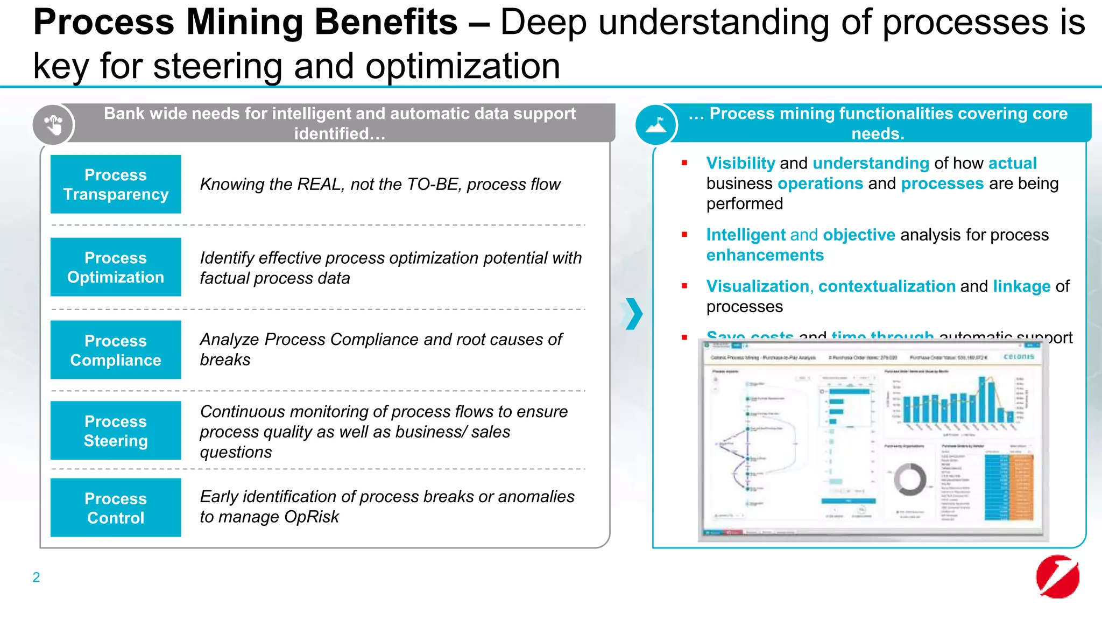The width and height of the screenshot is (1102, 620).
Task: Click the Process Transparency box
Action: click(x=116, y=184)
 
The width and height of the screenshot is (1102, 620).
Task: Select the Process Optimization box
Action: click(x=116, y=267)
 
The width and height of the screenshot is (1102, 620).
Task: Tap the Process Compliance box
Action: click(x=116, y=350)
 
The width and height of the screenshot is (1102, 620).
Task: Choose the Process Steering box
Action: click(x=116, y=431)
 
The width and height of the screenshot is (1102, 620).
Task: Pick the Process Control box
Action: click(x=116, y=508)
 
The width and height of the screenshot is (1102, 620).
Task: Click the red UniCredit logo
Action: click(x=1057, y=576)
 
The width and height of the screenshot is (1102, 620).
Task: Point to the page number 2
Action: click(x=36, y=577)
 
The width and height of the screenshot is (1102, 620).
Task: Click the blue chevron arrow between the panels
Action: click(x=633, y=313)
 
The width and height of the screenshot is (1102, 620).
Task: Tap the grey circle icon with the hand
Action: click(x=53, y=125)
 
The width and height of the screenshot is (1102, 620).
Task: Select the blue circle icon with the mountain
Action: click(x=656, y=125)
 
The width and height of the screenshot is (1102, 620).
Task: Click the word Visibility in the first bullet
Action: click(x=740, y=163)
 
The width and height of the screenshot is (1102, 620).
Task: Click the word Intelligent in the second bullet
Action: click(x=746, y=235)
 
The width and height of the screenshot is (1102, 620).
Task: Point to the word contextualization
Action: click(x=886, y=286)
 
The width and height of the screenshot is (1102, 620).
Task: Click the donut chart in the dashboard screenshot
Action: click(x=910, y=479)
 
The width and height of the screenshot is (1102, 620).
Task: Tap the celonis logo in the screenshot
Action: click(x=1019, y=357)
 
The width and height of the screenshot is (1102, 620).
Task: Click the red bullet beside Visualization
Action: click(x=684, y=286)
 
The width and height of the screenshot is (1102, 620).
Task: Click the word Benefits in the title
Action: click(x=385, y=23)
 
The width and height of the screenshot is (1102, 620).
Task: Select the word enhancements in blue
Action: click(x=765, y=255)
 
